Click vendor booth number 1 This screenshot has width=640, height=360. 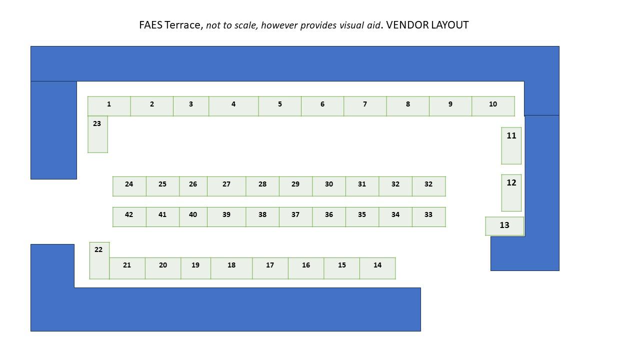coord(109,106)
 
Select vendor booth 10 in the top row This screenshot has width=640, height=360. coord(493,106)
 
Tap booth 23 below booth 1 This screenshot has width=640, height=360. coord(97,134)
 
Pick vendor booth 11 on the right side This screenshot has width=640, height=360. coord(511,145)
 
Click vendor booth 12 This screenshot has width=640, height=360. coord(511,192)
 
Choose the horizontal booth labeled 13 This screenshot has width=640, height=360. coord(504,226)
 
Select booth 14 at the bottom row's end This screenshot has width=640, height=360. coord(377,268)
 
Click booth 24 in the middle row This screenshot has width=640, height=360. coord(129,186)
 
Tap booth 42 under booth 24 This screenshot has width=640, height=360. coord(129,216)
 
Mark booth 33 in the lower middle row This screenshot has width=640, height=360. coord(428,216)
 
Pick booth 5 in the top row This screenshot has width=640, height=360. coord(279,106)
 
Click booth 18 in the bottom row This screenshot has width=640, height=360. coord(231,268)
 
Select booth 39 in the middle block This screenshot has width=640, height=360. coord(226,216)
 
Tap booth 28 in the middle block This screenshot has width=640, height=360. coord(262,186)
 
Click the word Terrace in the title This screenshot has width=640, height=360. coord(183,25)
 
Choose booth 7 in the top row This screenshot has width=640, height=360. coord(365,106)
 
